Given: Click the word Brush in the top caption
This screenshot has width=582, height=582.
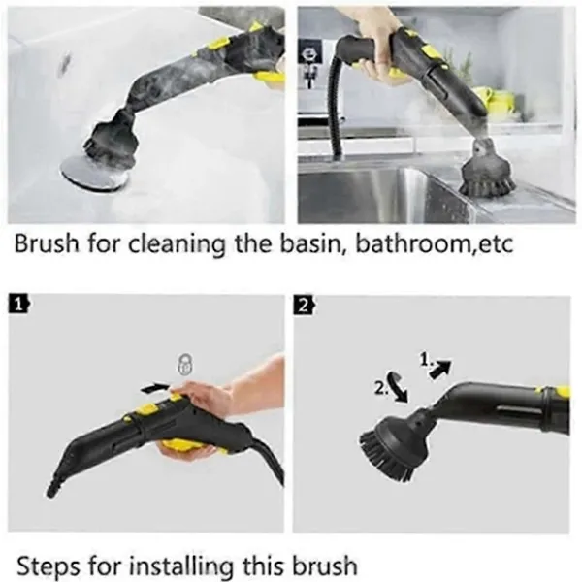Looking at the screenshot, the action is pos(47,243).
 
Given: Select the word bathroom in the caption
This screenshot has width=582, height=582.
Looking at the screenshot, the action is pos(413,243).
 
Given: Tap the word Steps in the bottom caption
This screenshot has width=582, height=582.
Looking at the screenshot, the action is pos(48,566).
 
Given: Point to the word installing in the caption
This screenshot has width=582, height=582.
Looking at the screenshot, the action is pos(182,566).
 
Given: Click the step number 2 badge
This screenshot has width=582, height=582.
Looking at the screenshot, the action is pos(305,307).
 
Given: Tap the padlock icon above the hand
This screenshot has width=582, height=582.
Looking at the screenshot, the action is pos(185,364).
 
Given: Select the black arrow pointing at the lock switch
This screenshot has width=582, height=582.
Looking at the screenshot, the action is pos(155,388).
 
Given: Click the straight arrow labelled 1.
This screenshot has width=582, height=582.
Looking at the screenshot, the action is pos(440,369).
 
